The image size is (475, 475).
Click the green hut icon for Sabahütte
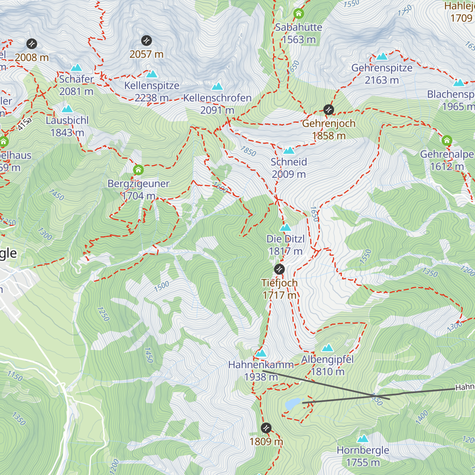299,14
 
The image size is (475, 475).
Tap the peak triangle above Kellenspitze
152,74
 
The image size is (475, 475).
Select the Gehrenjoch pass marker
329,110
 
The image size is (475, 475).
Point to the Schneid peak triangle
289,150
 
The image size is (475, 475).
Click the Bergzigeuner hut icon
138,170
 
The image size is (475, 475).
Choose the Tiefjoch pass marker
279,269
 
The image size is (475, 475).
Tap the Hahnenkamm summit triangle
260,353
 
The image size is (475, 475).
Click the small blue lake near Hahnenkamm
293,404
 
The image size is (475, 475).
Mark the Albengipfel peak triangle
327,348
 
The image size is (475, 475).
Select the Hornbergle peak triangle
363,439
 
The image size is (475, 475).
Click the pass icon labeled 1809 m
266,428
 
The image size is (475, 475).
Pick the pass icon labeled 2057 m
146,40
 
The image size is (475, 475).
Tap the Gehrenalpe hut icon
447,141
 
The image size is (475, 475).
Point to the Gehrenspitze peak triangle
382,57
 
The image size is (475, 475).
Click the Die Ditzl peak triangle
285,228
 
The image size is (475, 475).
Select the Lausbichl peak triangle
67,109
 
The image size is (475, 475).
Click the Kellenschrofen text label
217,98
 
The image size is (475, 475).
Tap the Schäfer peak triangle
76,68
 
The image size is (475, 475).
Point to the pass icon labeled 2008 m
32,44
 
